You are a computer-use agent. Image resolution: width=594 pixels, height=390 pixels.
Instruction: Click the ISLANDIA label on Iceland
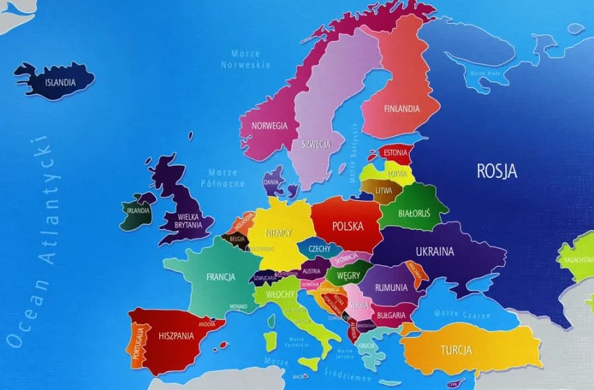pyautogui.click(x=60, y=83)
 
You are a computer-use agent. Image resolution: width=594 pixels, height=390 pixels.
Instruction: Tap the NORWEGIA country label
pyautogui.click(x=269, y=126)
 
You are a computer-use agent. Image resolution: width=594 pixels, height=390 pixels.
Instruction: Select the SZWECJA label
pyautogui.click(x=315, y=144)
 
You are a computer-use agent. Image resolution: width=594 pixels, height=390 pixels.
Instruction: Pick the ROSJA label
pyautogui.click(x=497, y=171)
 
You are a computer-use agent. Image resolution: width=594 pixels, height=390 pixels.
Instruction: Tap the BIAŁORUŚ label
pyautogui.click(x=414, y=214)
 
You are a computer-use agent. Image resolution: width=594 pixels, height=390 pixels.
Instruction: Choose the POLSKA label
pyautogui.click(x=348, y=226)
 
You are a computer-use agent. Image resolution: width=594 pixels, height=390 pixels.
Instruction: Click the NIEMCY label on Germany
pyautogui.click(x=279, y=233)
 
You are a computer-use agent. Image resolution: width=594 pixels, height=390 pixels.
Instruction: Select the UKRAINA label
pyautogui.click(x=434, y=251)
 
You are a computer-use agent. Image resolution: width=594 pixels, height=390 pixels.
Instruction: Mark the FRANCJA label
pyautogui.click(x=220, y=277)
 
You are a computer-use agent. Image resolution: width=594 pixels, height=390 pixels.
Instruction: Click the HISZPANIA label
pyautogui.click(x=176, y=336)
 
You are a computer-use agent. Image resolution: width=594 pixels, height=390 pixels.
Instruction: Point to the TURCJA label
pyautogui.click(x=457, y=350)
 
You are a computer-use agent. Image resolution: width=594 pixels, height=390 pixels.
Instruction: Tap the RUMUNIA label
pyautogui.click(x=391, y=288)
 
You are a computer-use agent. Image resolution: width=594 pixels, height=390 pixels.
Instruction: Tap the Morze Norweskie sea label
pyautogui.click(x=246, y=59)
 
